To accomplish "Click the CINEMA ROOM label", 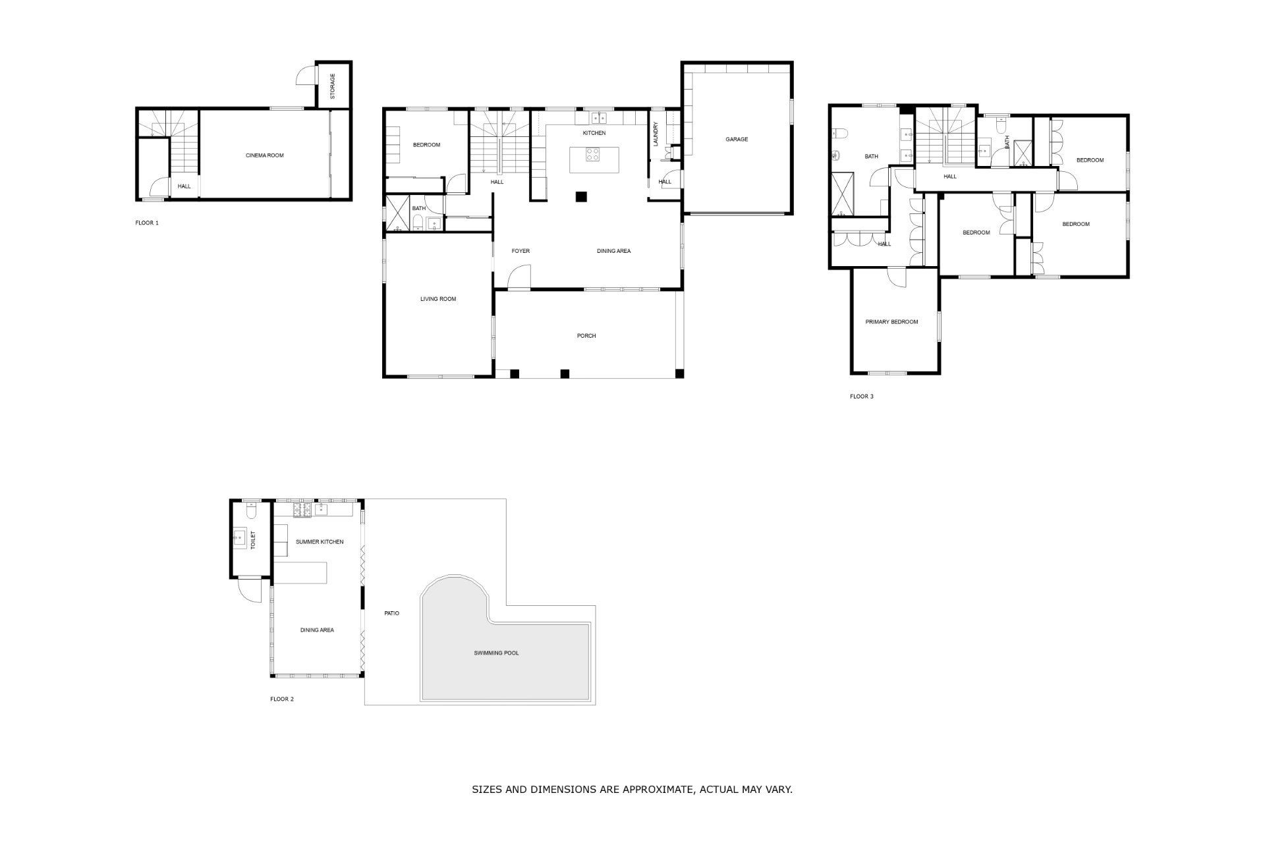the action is (x=264, y=155).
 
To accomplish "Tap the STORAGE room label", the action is (x=332, y=86).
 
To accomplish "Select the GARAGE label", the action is (x=737, y=140).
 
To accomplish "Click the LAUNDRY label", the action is (x=656, y=134).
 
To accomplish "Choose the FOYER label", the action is (x=520, y=251).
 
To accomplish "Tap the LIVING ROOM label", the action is (x=438, y=299).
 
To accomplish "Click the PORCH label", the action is (x=586, y=336).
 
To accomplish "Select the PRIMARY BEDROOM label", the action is (x=891, y=322).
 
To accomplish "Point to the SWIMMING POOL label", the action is (x=496, y=653).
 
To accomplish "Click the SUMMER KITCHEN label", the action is (x=320, y=542).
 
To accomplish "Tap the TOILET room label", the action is (x=252, y=541).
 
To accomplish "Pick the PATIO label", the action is (x=391, y=614).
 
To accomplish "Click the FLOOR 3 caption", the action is (x=862, y=396).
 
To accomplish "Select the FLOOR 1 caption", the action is (x=147, y=223).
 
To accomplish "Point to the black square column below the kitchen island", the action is (x=581, y=196).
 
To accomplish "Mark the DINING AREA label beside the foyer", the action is (x=614, y=251).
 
